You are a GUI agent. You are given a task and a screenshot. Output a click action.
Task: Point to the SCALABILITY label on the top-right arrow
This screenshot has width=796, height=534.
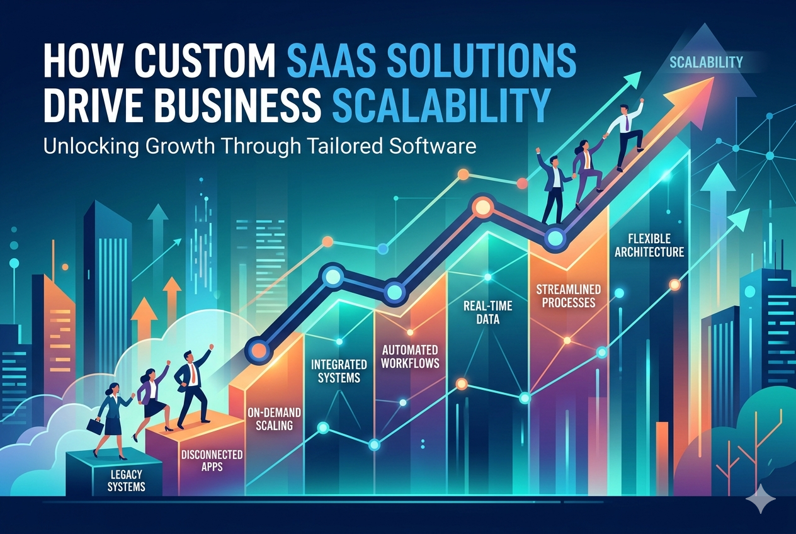pos(706,62)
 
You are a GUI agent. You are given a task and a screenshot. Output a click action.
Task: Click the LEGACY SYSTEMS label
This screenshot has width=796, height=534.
pos(126,480)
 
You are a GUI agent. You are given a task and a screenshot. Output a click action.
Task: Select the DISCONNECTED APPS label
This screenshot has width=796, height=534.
pos(212,460)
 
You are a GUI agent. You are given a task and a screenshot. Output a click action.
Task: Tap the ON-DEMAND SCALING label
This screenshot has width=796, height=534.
pos(275,419)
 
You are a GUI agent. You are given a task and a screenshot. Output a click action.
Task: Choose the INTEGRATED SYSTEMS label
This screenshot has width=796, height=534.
pos(339,371)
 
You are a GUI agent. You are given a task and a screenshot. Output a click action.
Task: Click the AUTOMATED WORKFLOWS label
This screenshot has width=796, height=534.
pos(410,356)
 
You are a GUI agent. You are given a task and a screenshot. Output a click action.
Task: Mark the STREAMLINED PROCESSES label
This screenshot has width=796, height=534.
pos(568,296)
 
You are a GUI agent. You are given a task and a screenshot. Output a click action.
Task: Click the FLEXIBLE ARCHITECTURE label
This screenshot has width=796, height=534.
pos(649,245)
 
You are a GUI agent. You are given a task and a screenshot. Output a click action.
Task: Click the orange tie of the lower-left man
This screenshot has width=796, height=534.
pos(193,373)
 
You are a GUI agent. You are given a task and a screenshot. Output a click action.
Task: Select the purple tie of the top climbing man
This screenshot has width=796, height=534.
pos(627,122)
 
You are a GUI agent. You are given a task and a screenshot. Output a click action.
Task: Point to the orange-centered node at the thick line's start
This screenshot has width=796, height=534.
pos(259,350)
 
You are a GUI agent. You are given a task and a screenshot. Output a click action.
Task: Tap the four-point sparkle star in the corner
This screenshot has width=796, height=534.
pos(761,499)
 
